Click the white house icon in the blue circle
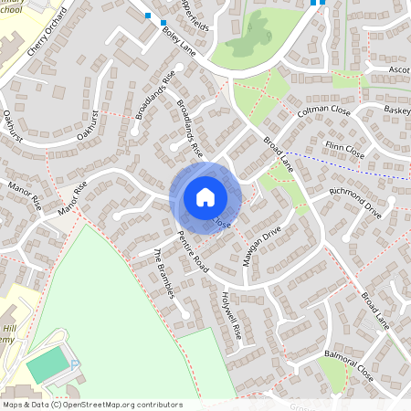205,196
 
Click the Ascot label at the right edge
398,70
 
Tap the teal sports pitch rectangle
47,366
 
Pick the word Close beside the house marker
225,222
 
